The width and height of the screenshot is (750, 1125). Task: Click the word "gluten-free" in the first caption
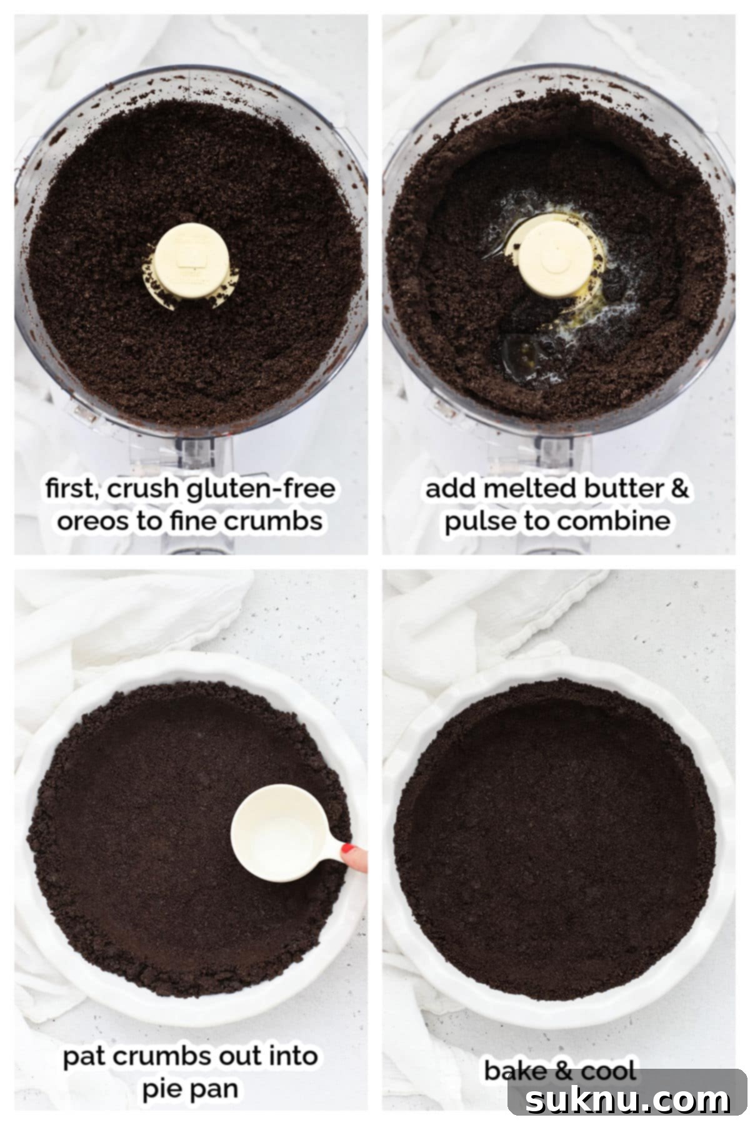(261, 489)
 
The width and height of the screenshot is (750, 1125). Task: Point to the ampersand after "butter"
(679, 489)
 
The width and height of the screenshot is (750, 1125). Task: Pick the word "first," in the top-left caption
(71, 489)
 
